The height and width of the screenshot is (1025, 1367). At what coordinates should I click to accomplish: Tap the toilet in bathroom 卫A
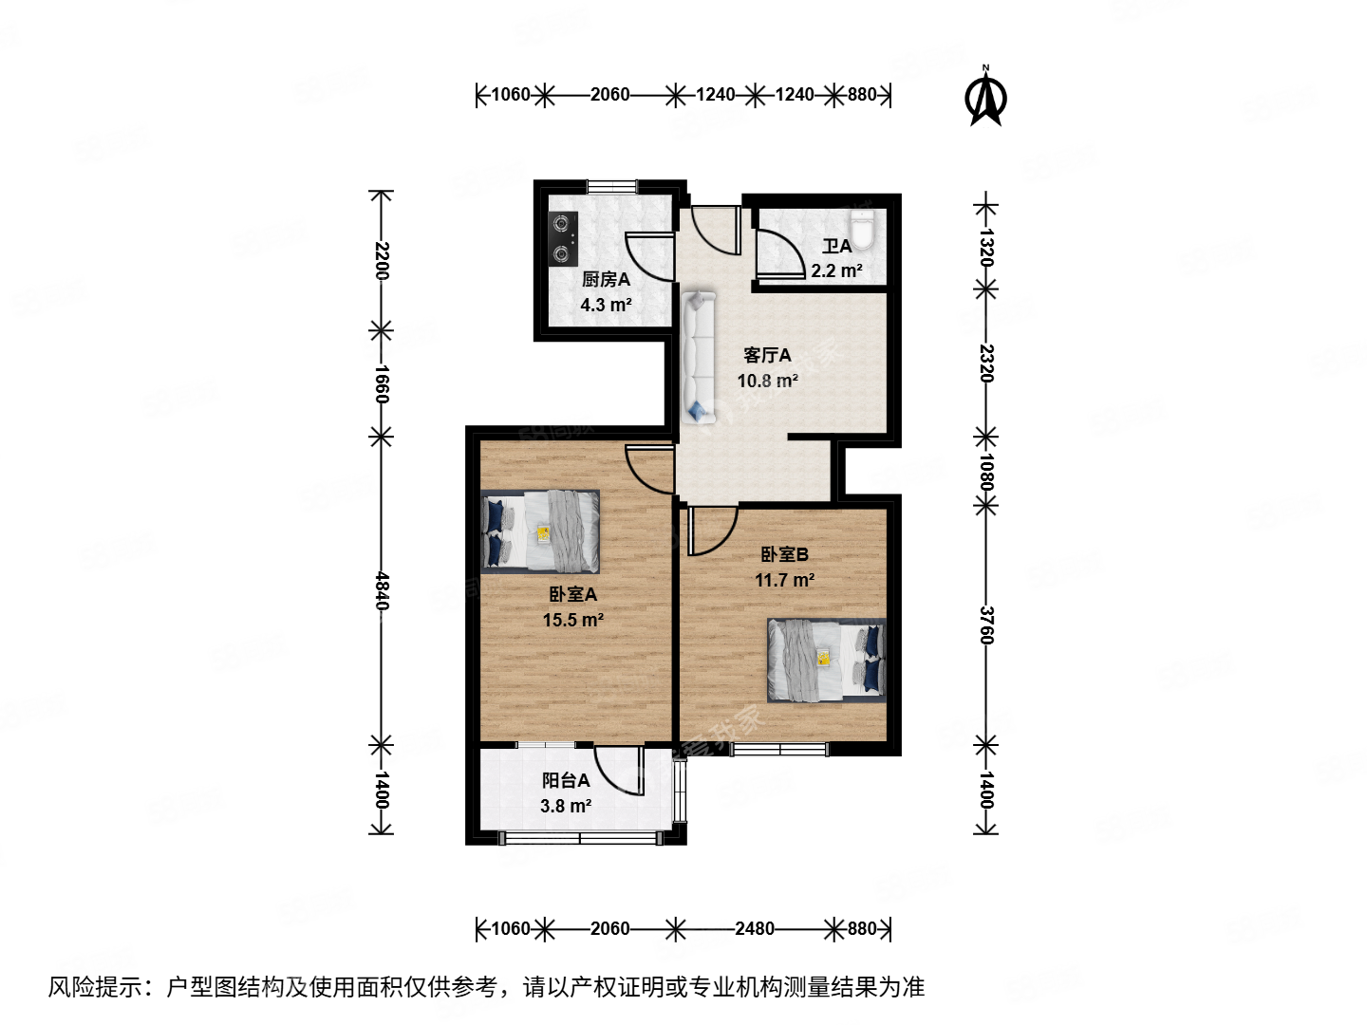861,229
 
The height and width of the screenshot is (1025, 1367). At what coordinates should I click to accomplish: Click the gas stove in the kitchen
564,239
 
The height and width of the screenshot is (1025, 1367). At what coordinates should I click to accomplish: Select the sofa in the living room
698,357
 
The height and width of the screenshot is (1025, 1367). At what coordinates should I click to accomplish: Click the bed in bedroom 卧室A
540,531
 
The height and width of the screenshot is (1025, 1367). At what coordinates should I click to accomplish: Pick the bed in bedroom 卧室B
826,660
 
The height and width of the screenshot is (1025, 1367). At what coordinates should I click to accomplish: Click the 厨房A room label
606,280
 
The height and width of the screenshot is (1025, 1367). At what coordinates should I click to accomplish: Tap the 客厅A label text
767,356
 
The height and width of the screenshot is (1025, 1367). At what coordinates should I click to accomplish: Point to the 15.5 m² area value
573,620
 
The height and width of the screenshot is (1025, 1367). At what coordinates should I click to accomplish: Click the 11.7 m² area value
784,580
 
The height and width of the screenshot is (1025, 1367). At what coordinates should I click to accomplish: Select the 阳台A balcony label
566,780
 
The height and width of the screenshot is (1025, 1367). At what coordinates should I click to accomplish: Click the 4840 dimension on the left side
381,590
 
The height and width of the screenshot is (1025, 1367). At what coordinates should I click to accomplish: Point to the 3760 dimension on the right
986,625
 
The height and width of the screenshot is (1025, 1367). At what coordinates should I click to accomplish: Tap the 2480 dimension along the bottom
754,928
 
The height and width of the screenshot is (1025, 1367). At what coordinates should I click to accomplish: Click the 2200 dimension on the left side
381,261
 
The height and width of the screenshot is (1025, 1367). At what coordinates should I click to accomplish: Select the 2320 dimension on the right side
986,363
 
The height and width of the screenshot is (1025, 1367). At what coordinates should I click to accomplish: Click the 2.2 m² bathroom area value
836,271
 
